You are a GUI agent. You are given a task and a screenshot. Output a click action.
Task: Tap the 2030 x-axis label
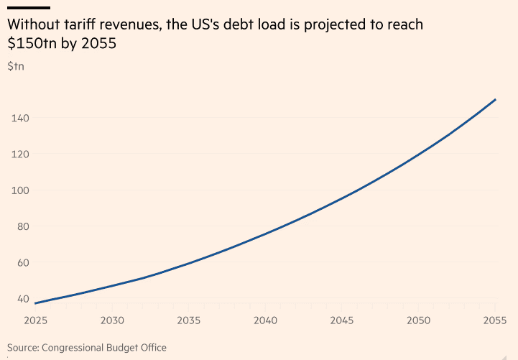pyautogui.click(x=112, y=320)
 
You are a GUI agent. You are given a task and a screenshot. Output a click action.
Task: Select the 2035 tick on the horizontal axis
pyautogui.click(x=188, y=320)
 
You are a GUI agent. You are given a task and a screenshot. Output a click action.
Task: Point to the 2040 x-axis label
pyautogui.click(x=266, y=320)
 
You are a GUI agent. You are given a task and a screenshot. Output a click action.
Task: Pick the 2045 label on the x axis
pyautogui.click(x=342, y=320)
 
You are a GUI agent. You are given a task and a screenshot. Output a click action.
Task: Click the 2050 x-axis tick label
pyautogui.click(x=419, y=320)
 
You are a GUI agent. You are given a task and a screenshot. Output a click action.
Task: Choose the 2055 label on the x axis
pyautogui.click(x=495, y=320)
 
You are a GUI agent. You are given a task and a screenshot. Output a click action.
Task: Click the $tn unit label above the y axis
pyautogui.click(x=16, y=67)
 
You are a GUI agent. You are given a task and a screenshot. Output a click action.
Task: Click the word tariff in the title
pyautogui.click(x=83, y=24)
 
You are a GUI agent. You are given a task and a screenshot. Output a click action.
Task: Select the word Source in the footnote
pyautogui.click(x=23, y=348)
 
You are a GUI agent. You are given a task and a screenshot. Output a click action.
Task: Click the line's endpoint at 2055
pyautogui.click(x=496, y=99)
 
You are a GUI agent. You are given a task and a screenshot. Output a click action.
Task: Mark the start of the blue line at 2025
pyautogui.click(x=35, y=303)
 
